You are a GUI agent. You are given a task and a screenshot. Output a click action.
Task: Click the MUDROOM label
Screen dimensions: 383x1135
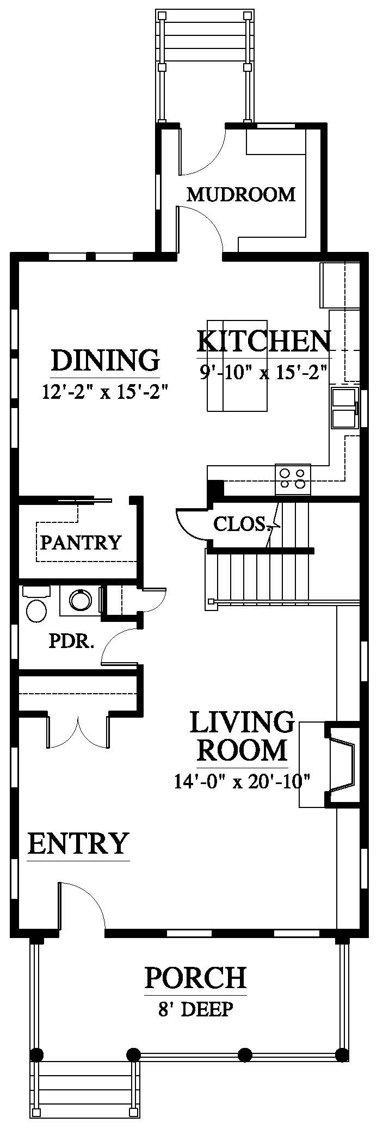240,194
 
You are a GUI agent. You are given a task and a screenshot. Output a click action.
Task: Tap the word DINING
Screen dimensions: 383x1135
106,360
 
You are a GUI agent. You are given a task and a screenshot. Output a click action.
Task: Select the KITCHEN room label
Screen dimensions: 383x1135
263,342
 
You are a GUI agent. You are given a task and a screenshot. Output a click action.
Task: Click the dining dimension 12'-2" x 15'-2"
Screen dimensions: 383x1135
103,391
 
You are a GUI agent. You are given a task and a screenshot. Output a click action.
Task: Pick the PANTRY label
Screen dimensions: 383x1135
81,542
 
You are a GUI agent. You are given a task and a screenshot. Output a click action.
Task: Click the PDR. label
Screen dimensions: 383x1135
72,641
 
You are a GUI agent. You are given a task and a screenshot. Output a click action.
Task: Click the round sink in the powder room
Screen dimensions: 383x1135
80,600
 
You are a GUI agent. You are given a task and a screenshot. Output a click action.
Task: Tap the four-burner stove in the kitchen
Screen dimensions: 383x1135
293,479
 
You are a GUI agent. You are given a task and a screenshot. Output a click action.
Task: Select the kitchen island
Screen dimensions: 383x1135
237,366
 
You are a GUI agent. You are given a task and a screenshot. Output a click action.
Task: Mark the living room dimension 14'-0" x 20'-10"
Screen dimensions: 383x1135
242,782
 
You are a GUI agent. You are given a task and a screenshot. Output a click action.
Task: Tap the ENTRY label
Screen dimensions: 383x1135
78,844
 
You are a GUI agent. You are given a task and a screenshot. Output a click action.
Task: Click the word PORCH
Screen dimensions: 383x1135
195,978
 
